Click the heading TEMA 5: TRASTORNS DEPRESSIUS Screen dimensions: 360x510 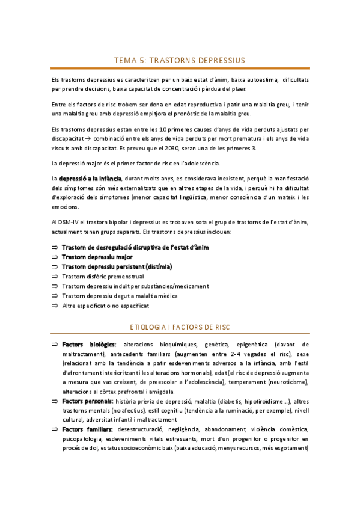coord(180,60)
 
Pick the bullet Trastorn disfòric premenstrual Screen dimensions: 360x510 coord(103,277)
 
